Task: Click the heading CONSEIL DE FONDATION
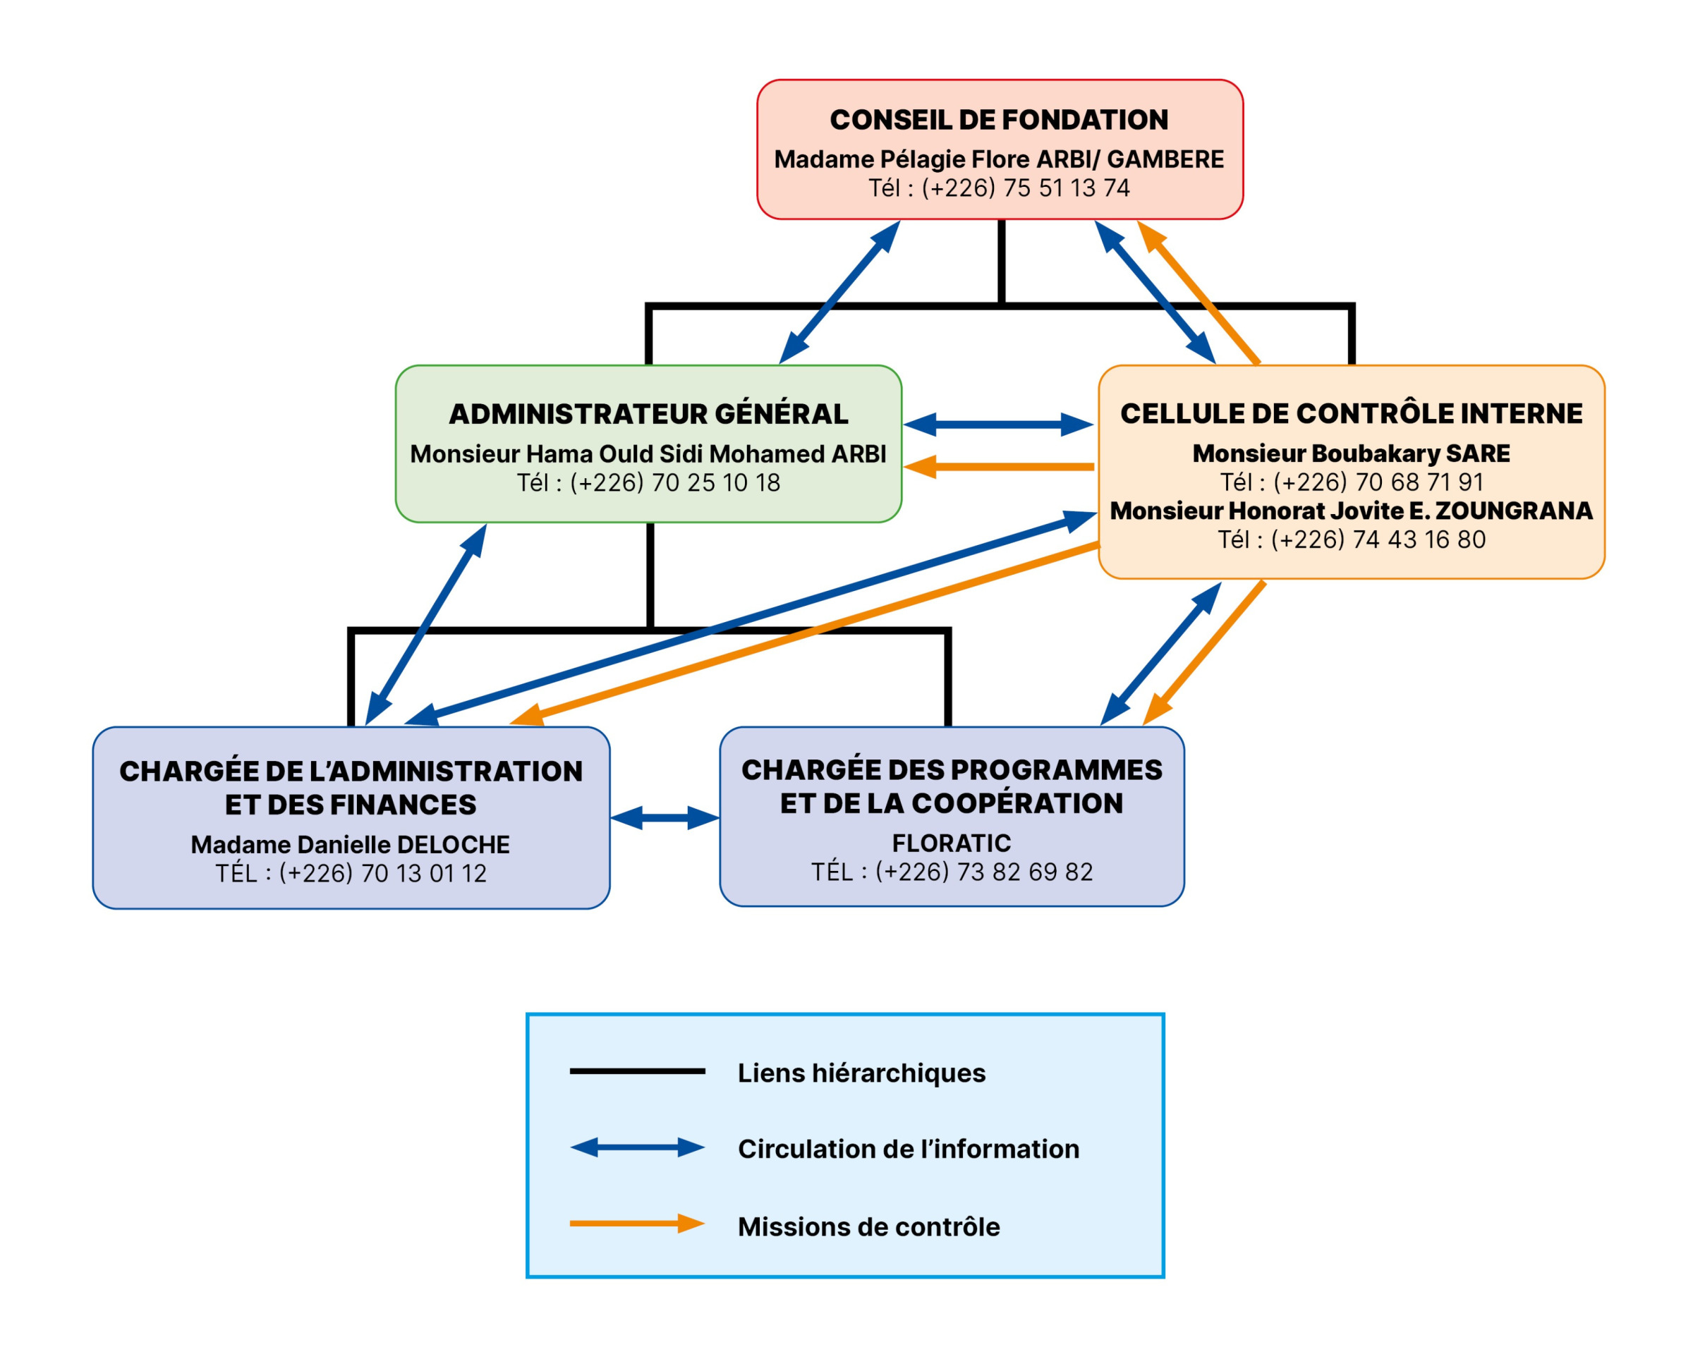[999, 120]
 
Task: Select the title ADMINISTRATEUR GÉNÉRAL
[648, 415]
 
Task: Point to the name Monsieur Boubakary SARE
[1352, 453]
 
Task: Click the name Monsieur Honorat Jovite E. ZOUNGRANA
[1352, 511]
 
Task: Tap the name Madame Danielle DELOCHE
[350, 845]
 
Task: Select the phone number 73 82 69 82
[984, 872]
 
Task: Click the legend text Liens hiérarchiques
[861, 1073]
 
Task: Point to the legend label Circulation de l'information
[909, 1149]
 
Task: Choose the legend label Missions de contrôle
[868, 1227]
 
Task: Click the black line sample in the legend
[637, 1071]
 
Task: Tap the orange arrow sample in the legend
[637, 1224]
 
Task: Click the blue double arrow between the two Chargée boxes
[665, 818]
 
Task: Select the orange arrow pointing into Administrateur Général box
[997, 467]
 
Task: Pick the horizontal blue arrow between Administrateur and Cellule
[997, 425]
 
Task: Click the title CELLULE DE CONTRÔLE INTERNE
[1352, 414]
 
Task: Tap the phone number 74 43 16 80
[1378, 540]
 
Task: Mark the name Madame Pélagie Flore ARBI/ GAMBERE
[999, 159]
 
